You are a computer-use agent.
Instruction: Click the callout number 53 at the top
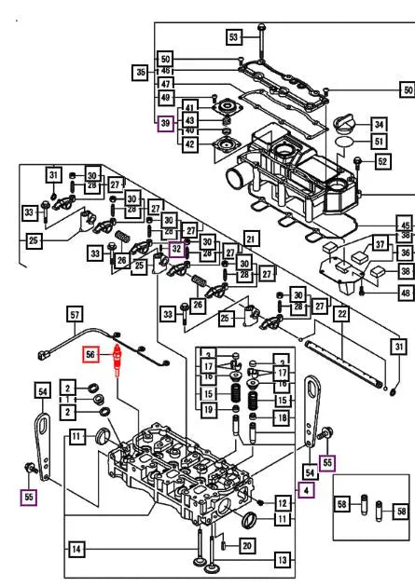click(x=234, y=37)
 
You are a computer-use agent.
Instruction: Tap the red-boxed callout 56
click(x=91, y=355)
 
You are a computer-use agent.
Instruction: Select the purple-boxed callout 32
click(x=174, y=249)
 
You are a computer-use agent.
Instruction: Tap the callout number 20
click(x=245, y=544)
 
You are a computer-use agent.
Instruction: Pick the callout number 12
click(x=283, y=503)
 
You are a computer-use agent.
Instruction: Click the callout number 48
click(x=404, y=293)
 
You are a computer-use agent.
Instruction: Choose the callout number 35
click(x=141, y=71)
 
